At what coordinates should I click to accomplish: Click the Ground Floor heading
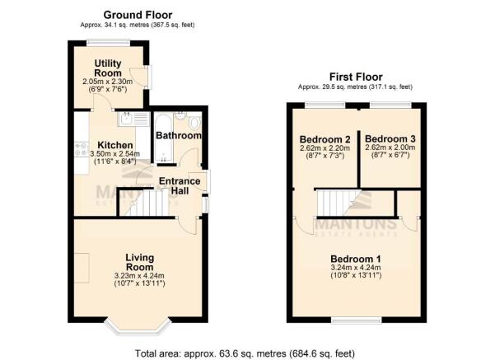(x=138, y=15)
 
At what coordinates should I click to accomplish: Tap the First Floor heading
(x=356, y=77)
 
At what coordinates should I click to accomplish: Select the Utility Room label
(x=108, y=68)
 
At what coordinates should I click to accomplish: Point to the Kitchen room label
(x=115, y=145)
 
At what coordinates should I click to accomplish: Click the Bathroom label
(x=179, y=135)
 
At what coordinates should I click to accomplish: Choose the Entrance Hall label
(x=180, y=185)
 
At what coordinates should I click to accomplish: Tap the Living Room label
(x=139, y=262)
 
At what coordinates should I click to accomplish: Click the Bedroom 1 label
(x=356, y=259)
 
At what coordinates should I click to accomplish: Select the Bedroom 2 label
(x=325, y=139)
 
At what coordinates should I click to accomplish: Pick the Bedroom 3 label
(x=390, y=139)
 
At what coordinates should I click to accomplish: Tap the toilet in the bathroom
(x=195, y=123)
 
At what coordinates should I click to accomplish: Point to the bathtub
(x=164, y=138)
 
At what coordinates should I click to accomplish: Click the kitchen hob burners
(x=82, y=149)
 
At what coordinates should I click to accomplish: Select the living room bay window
(x=138, y=326)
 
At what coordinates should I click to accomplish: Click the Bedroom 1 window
(x=357, y=320)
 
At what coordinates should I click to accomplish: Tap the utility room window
(x=108, y=43)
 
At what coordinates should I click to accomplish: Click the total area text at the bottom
(x=245, y=353)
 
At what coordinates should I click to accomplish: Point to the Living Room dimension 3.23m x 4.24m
(x=139, y=276)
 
